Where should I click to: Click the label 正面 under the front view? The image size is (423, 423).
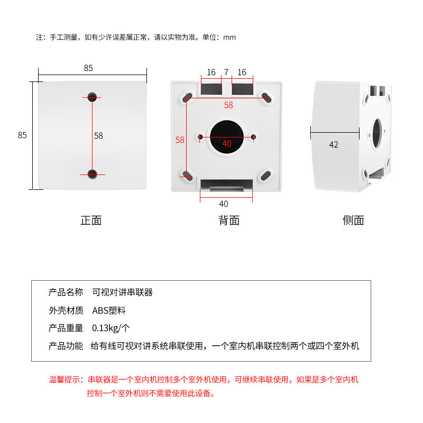click(91, 220)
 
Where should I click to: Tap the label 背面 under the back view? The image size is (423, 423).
click(229, 220)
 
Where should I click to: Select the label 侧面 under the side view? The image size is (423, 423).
click(353, 220)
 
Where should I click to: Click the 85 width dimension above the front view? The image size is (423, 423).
click(88, 68)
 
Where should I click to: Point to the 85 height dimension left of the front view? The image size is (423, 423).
click(22, 135)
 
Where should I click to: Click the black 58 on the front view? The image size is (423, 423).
click(98, 135)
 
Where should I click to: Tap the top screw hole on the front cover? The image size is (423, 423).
click(93, 96)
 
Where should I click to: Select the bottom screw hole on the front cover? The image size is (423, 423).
click(93, 173)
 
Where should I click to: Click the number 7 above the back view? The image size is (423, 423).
click(226, 72)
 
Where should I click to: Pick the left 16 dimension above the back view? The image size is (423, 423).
click(211, 72)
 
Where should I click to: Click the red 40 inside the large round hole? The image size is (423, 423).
click(227, 143)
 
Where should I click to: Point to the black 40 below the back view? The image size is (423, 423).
click(224, 204)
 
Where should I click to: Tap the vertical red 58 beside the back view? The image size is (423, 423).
click(180, 140)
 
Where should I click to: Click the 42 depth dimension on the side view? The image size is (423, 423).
click(334, 144)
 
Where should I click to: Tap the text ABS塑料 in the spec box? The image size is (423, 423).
click(109, 310)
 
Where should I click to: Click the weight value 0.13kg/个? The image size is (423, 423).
click(111, 328)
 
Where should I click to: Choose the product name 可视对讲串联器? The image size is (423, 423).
click(122, 292)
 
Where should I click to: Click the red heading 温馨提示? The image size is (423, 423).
click(66, 380)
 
